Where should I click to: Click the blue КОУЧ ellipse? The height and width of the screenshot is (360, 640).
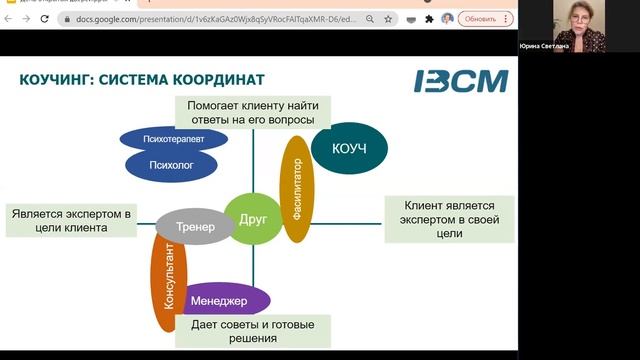[348, 148]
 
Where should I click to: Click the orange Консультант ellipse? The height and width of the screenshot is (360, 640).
[168, 286]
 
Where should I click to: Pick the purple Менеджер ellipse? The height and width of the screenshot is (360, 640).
[229, 299]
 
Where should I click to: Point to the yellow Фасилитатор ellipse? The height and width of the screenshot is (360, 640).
[295, 189]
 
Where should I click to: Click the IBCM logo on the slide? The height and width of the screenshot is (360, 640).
[461, 81]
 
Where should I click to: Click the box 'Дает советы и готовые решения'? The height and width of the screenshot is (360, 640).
[252, 331]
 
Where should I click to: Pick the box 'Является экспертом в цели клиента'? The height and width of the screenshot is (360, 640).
[71, 221]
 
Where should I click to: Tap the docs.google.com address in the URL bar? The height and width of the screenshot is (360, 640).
[200, 18]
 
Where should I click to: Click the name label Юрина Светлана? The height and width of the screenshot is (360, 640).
[544, 46]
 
